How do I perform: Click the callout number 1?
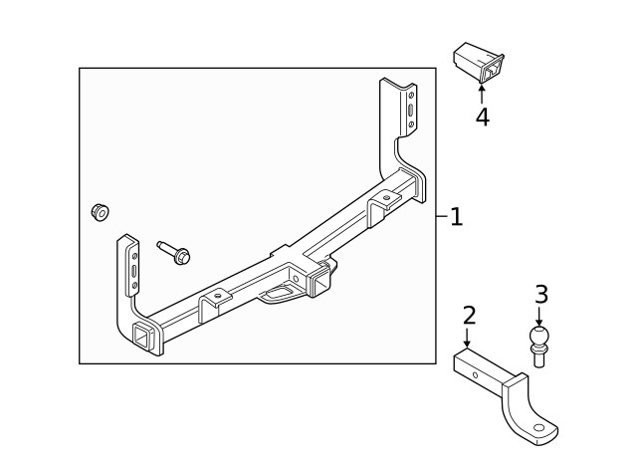456,216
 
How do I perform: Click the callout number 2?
469,317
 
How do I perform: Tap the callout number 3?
540,295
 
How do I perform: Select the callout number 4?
482,117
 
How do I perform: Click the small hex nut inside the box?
100,212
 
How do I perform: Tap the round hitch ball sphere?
538,336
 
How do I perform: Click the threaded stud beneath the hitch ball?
538,358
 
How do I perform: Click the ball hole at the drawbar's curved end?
541,429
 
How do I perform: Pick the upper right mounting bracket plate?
408,110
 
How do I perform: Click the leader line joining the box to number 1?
441,216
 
